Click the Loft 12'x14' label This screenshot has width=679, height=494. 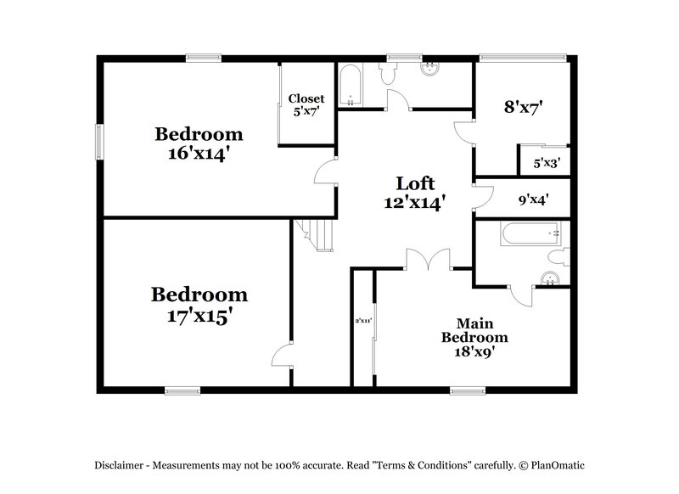[416, 193]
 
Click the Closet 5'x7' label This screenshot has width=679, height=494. [306, 104]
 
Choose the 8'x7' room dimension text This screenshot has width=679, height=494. [523, 107]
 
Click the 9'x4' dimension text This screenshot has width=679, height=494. [533, 200]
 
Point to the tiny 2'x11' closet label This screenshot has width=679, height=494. [363, 321]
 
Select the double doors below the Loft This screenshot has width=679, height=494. [429, 260]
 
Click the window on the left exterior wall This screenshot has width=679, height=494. [98, 141]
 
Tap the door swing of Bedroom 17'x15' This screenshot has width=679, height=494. [281, 357]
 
